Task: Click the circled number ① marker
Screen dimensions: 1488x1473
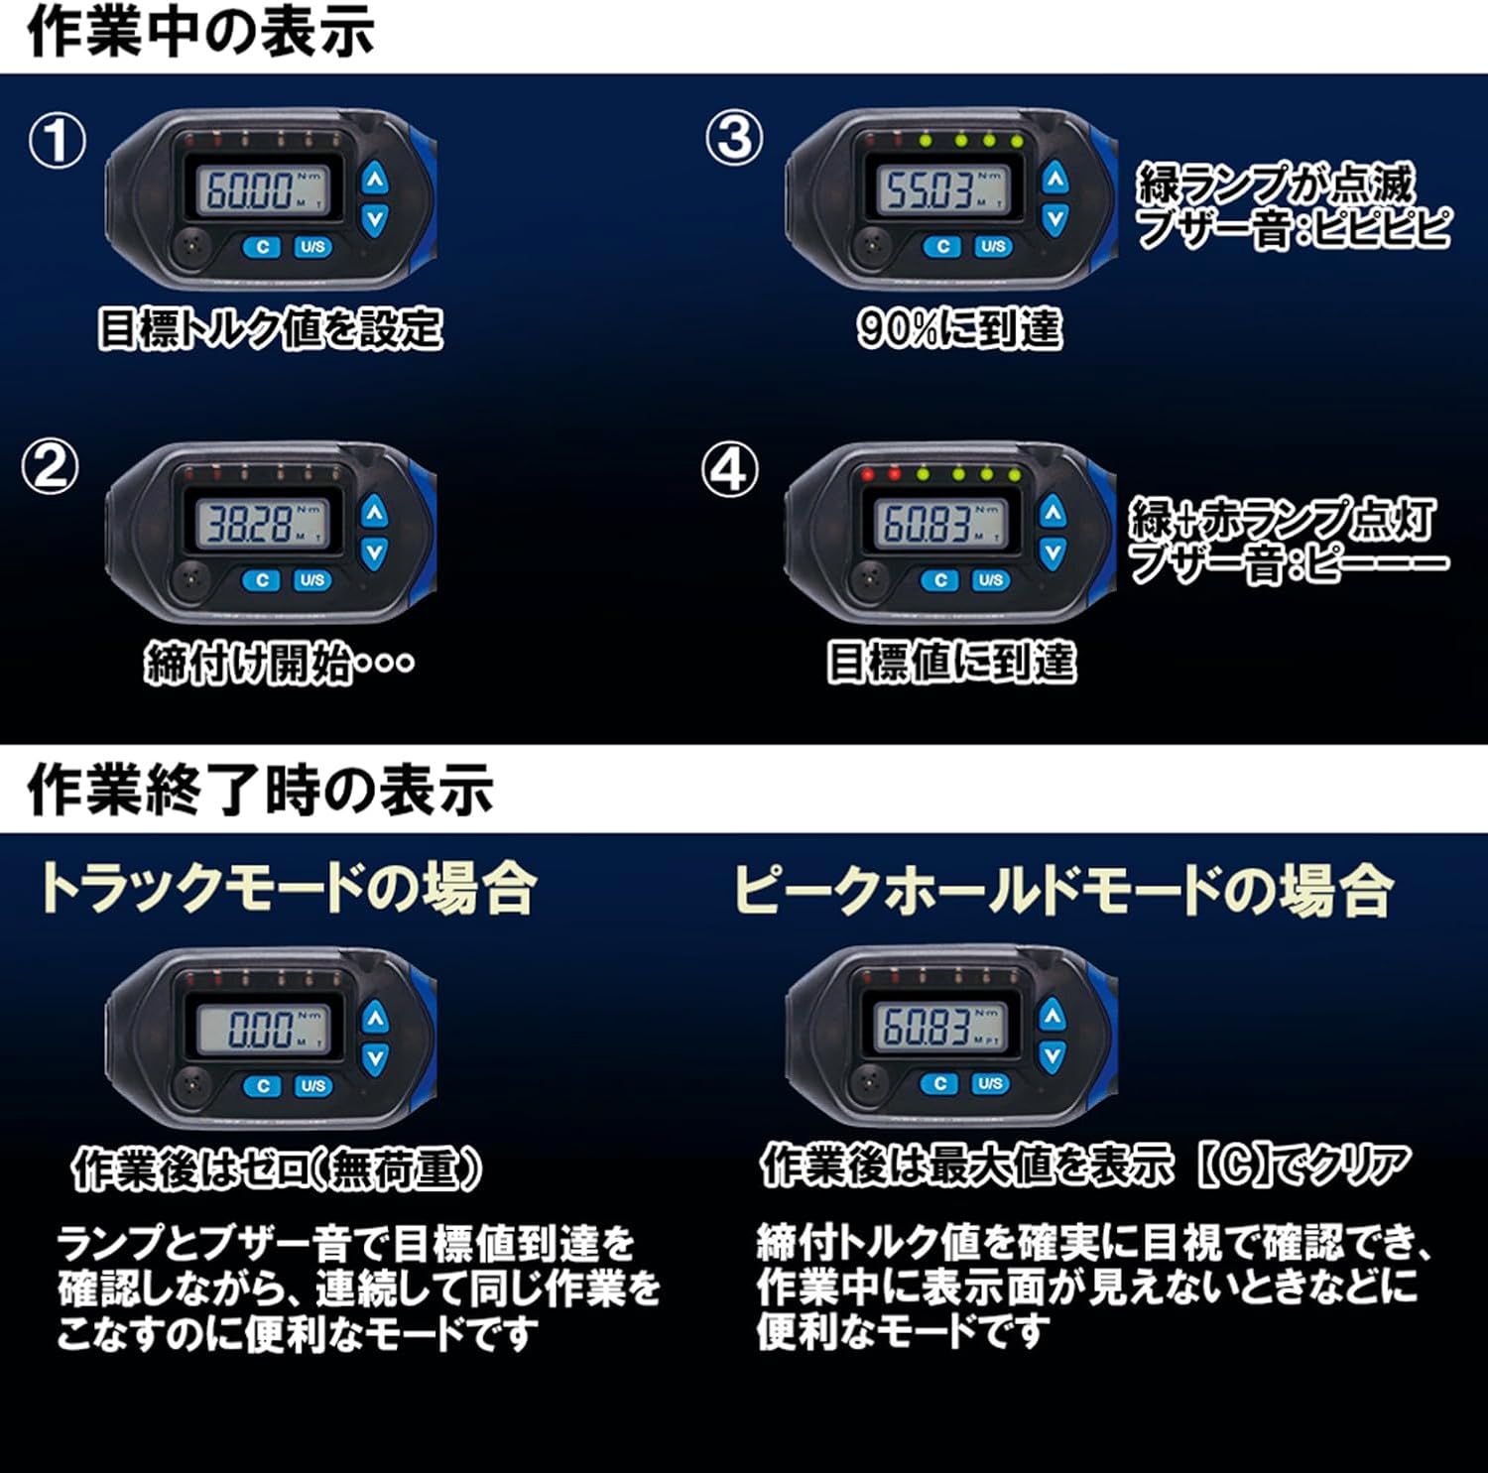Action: coord(57,141)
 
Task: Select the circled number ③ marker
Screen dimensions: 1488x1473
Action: coord(734,138)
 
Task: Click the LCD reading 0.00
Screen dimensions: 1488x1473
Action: coord(261,1028)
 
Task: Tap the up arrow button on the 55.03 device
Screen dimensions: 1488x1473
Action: coord(1054,179)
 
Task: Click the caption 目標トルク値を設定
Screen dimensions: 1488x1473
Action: coord(270,329)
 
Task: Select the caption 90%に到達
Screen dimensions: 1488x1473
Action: coord(959,328)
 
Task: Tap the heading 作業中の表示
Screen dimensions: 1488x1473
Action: coord(201,31)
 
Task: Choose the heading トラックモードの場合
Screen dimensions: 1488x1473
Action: coord(288,887)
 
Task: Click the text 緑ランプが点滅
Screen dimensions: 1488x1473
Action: coord(1276,184)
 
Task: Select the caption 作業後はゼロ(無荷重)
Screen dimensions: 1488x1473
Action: coord(278,1169)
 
